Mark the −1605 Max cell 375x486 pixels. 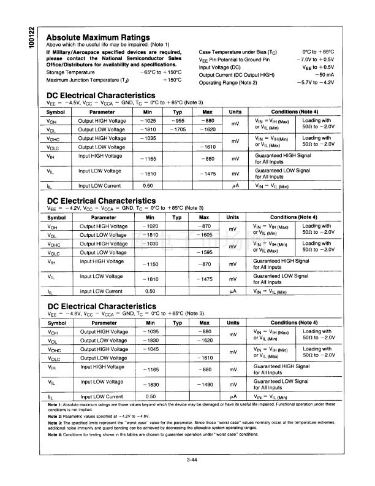point(205,235)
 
